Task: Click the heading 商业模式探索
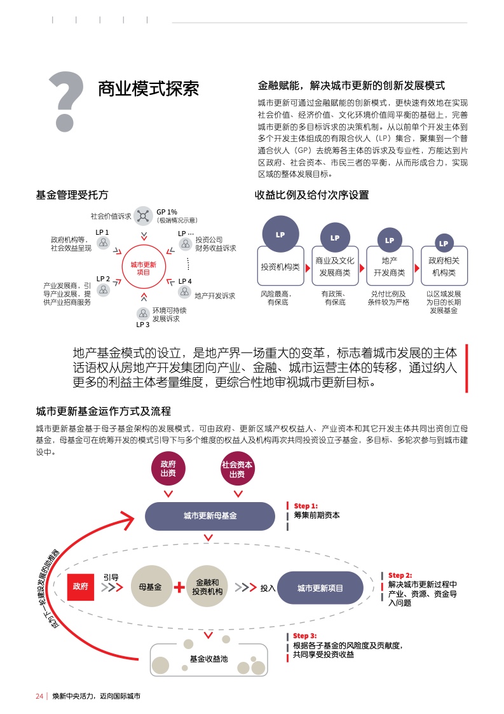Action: [x=147, y=88]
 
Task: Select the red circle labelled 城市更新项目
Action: [x=143, y=267]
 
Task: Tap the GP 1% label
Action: [x=167, y=211]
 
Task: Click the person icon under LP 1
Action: [x=103, y=244]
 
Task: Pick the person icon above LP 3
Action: [x=143, y=314]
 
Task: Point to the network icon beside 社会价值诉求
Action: [x=144, y=216]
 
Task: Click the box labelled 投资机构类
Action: [x=280, y=267]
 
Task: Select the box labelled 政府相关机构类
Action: [x=444, y=266]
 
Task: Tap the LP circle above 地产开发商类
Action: [x=390, y=240]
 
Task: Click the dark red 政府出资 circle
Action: [x=168, y=468]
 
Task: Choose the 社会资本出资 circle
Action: [x=237, y=469]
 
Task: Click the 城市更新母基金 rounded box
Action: [x=210, y=515]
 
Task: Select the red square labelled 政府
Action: [x=81, y=585]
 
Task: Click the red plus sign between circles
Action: [x=179, y=587]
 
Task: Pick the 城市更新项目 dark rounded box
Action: [x=320, y=588]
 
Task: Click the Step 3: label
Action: [x=304, y=636]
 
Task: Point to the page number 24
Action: [x=39, y=696]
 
